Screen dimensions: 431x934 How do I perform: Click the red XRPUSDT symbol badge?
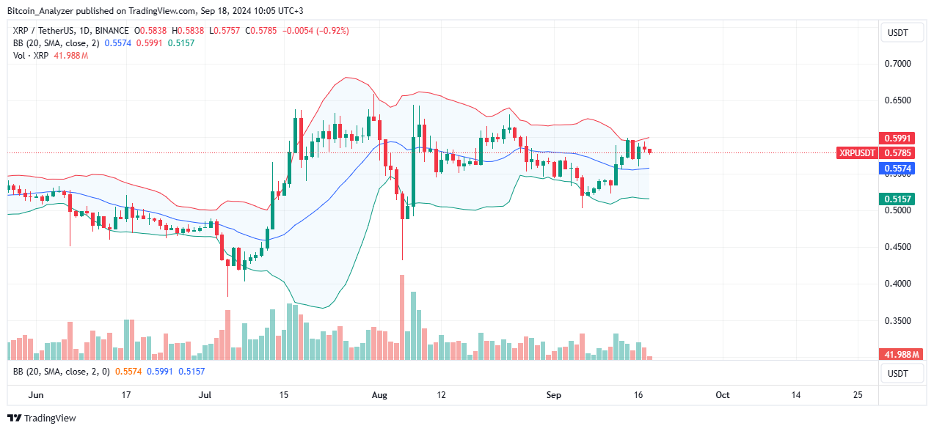pyautogui.click(x=856, y=153)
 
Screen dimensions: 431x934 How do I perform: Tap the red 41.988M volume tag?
pyautogui.click(x=900, y=354)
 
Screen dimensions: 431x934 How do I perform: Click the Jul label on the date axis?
pyautogui.click(x=205, y=394)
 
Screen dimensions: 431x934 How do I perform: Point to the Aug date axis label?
pyautogui.click(x=379, y=394)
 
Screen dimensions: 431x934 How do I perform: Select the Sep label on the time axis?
pyautogui.click(x=554, y=394)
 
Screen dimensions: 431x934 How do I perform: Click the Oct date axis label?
pyautogui.click(x=722, y=394)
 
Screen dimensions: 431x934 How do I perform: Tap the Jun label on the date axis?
pyautogui.click(x=34, y=394)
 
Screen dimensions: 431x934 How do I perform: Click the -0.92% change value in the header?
pyautogui.click(x=333, y=31)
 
